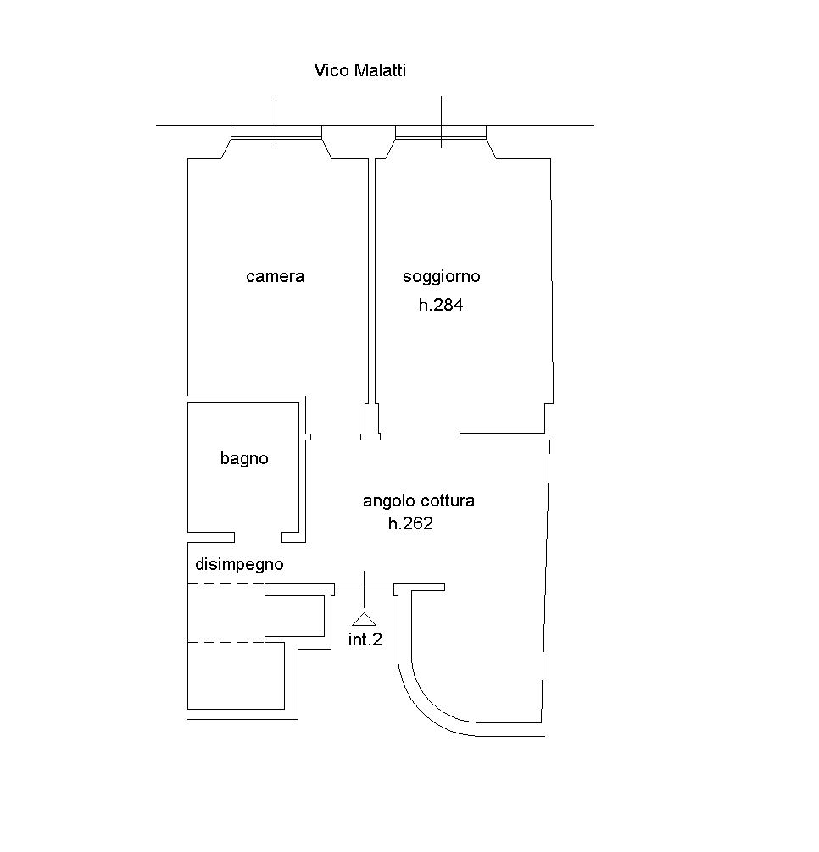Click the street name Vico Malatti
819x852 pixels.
pyautogui.click(x=359, y=70)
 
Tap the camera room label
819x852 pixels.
pyautogui.click(x=275, y=276)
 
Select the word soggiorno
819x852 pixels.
pyautogui.click(x=441, y=276)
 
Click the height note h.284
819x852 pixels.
pyautogui.click(x=441, y=306)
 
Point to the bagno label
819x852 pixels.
pyautogui.click(x=244, y=458)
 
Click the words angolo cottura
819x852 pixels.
pyautogui.click(x=419, y=501)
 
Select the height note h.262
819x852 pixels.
pyautogui.click(x=410, y=523)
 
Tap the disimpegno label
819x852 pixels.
pyautogui.click(x=239, y=564)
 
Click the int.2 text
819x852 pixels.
pyautogui.click(x=365, y=639)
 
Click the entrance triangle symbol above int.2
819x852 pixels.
pyautogui.click(x=364, y=618)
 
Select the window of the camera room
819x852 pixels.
pyautogui.click(x=276, y=131)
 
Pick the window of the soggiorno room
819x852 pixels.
pyautogui.click(x=441, y=131)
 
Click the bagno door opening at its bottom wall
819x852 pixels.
pyautogui.click(x=258, y=537)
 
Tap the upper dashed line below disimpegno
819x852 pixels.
pyautogui.click(x=226, y=584)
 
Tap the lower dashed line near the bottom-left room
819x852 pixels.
pyautogui.click(x=226, y=642)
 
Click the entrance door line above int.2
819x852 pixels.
pyautogui.click(x=365, y=588)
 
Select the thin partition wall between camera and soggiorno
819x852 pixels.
pyautogui.click(x=371, y=279)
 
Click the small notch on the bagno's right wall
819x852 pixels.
pyautogui.click(x=308, y=437)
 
